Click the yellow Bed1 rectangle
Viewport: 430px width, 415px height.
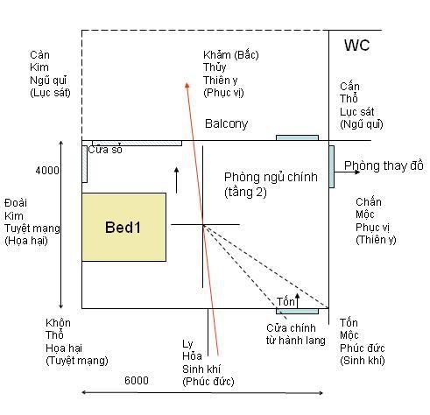124,227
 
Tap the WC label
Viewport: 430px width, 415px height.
356,45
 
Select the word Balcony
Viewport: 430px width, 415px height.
227,123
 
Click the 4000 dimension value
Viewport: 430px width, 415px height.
47,170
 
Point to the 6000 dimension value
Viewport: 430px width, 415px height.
137,380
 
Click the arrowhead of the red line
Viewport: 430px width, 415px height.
187,85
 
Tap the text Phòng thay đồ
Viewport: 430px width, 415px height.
384,165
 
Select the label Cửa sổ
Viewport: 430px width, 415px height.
105,150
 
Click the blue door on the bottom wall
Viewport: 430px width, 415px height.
297,311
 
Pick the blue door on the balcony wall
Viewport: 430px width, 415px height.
297,137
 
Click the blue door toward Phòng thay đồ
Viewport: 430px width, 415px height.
332,166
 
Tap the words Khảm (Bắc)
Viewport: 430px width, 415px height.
231,54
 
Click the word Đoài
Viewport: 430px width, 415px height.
16,203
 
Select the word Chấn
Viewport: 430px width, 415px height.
369,202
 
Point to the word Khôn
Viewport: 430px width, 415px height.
58,323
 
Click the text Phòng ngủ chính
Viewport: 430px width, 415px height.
271,177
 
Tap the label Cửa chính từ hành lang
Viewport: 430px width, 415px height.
295,334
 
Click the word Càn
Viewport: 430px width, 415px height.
39,55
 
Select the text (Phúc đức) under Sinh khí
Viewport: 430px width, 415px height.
208,381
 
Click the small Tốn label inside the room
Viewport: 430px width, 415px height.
285,301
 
